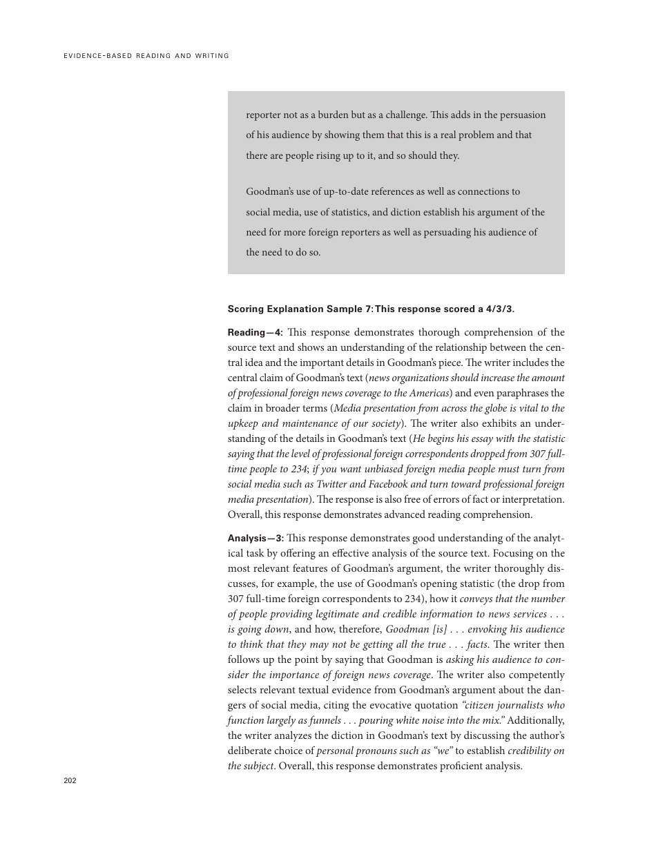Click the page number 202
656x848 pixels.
(x=70, y=780)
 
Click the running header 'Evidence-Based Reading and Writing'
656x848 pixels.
(x=146, y=56)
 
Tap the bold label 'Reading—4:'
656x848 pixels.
(x=255, y=332)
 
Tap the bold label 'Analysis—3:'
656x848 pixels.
(x=255, y=538)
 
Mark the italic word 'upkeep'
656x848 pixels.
(x=242, y=423)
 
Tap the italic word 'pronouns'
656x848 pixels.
(x=378, y=751)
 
